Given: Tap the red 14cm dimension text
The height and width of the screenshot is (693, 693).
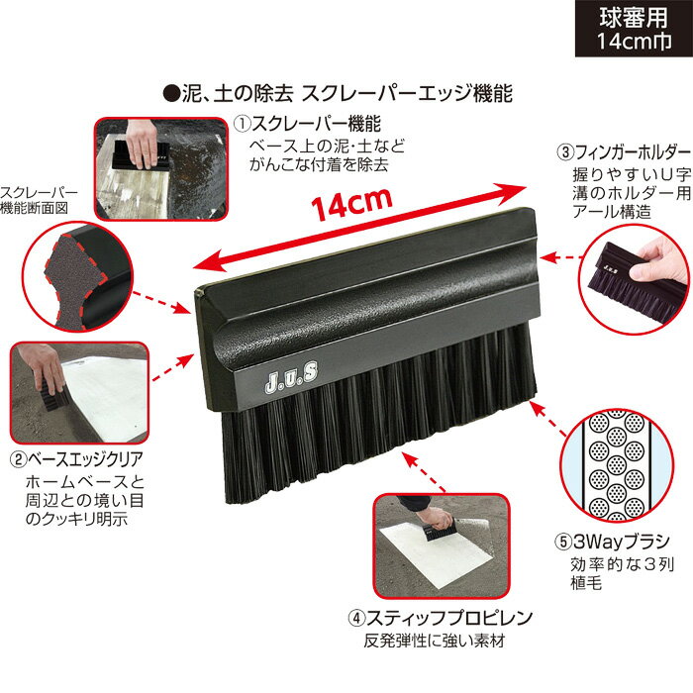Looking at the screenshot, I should (350, 206).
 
